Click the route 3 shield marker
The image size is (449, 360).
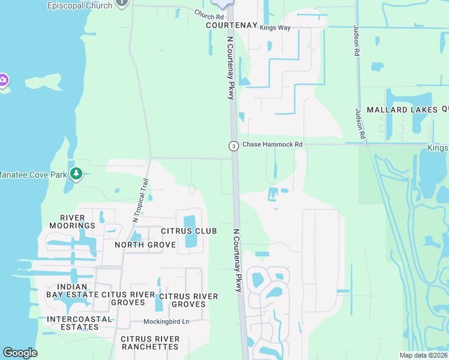pyautogui.click(x=233, y=146)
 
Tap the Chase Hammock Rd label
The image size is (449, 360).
pyautogui.click(x=272, y=145)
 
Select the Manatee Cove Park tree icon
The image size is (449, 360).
pyautogui.click(x=76, y=174)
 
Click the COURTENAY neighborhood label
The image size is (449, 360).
pyautogui.click(x=231, y=26)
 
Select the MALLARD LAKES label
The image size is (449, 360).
pyautogui.click(x=402, y=110)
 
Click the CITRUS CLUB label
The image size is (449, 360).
pyautogui.click(x=188, y=231)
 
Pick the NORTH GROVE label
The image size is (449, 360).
pyautogui.click(x=145, y=244)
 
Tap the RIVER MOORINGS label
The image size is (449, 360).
pyautogui.click(x=77, y=221)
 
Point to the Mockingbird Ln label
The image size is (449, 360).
pyautogui.click(x=166, y=322)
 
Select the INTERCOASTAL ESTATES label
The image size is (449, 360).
pyautogui.click(x=79, y=323)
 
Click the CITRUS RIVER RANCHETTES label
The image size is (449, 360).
pyautogui.click(x=149, y=343)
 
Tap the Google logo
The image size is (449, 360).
pyautogui.click(x=20, y=353)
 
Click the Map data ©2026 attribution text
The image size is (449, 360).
pyautogui.click(x=423, y=355)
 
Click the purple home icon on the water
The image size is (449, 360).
pyautogui.click(x=3, y=80)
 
